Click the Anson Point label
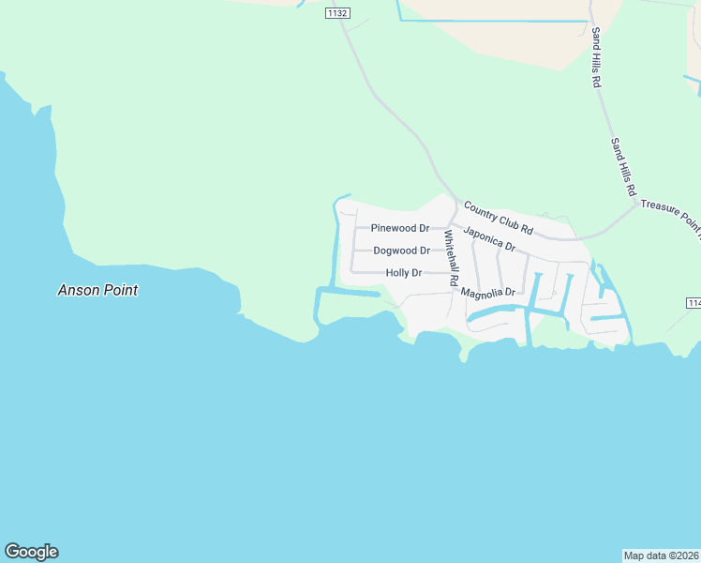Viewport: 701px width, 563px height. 97,291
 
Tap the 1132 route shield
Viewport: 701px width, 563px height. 337,12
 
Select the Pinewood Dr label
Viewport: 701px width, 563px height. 399,228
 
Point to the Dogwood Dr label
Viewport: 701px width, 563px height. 401,251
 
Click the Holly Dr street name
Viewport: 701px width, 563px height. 404,273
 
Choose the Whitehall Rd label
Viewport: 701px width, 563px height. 451,258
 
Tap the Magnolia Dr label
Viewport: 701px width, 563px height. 488,293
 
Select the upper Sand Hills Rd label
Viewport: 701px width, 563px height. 595,58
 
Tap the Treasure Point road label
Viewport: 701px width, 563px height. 670,220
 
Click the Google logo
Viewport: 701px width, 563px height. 31,552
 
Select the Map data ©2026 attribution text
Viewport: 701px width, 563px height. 661,555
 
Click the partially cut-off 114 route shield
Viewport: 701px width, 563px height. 694,303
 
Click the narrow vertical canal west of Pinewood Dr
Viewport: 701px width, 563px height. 334,244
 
